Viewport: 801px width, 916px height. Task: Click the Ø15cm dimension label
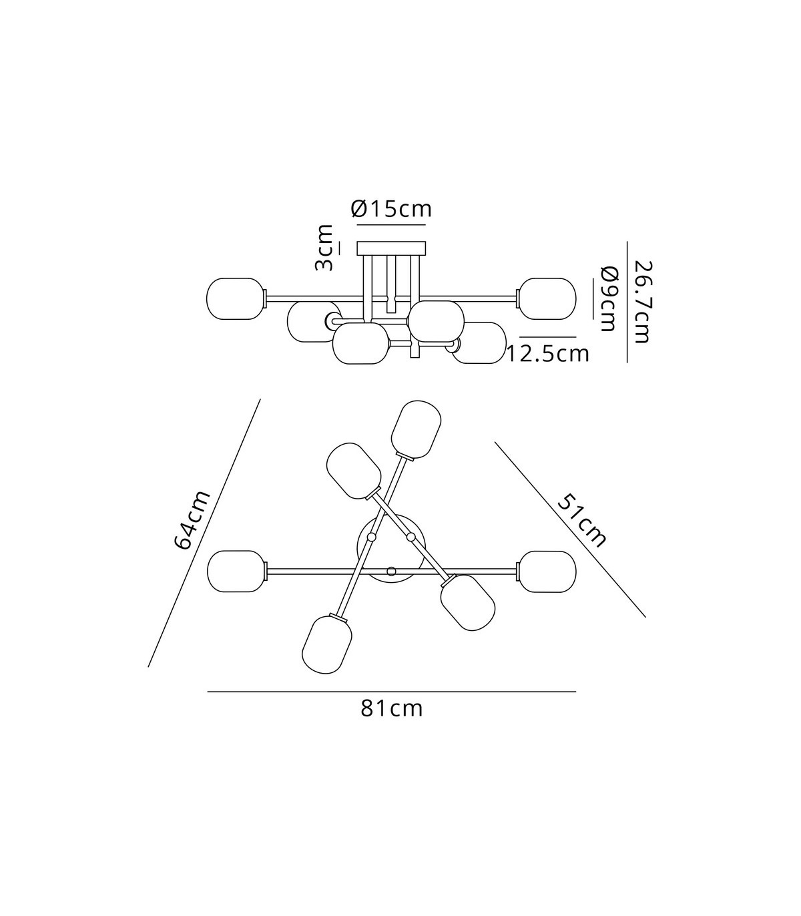(x=392, y=209)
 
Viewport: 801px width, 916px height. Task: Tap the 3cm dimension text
(x=324, y=248)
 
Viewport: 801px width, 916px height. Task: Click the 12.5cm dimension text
(x=548, y=354)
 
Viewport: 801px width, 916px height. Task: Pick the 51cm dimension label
(x=582, y=521)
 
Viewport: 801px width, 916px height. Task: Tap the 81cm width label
(x=392, y=709)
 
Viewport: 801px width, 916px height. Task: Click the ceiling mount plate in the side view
(x=391, y=248)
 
